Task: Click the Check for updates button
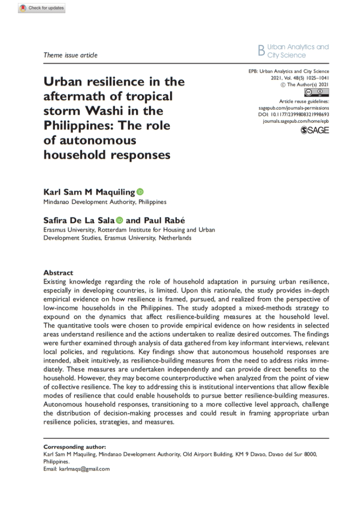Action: [42, 8]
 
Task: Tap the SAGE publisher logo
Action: [314, 130]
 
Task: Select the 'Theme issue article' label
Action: [70, 55]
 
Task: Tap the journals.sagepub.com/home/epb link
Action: [296, 121]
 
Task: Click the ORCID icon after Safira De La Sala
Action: [119, 220]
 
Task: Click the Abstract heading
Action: [58, 272]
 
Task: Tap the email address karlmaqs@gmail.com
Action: [84, 469]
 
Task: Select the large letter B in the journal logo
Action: [262, 51]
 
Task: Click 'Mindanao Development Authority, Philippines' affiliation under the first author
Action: [105, 202]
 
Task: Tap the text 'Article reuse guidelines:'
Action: [304, 101]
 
